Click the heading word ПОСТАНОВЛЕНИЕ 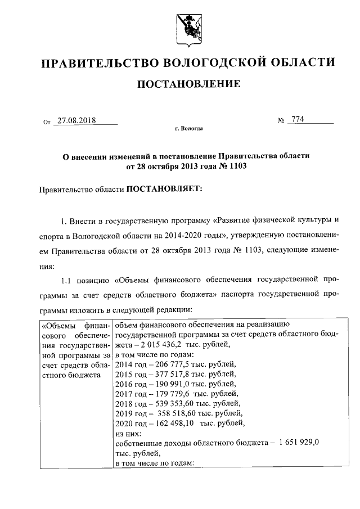[x=188, y=84]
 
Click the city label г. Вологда [x=188, y=129]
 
